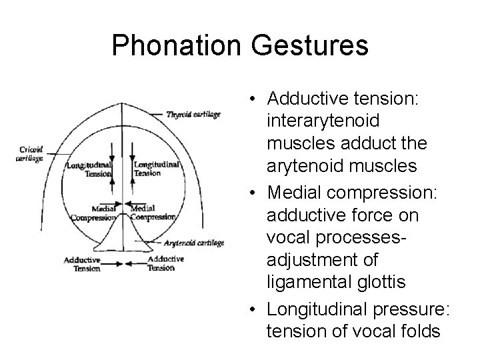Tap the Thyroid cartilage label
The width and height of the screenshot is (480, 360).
click(x=193, y=114)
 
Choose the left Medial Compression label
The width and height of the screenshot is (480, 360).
click(x=93, y=213)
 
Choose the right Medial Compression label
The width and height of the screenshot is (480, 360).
click(x=153, y=213)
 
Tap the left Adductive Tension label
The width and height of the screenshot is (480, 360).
click(x=83, y=264)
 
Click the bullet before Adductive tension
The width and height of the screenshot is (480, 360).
click(x=256, y=99)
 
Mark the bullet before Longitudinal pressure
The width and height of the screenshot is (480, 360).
click(x=256, y=307)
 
